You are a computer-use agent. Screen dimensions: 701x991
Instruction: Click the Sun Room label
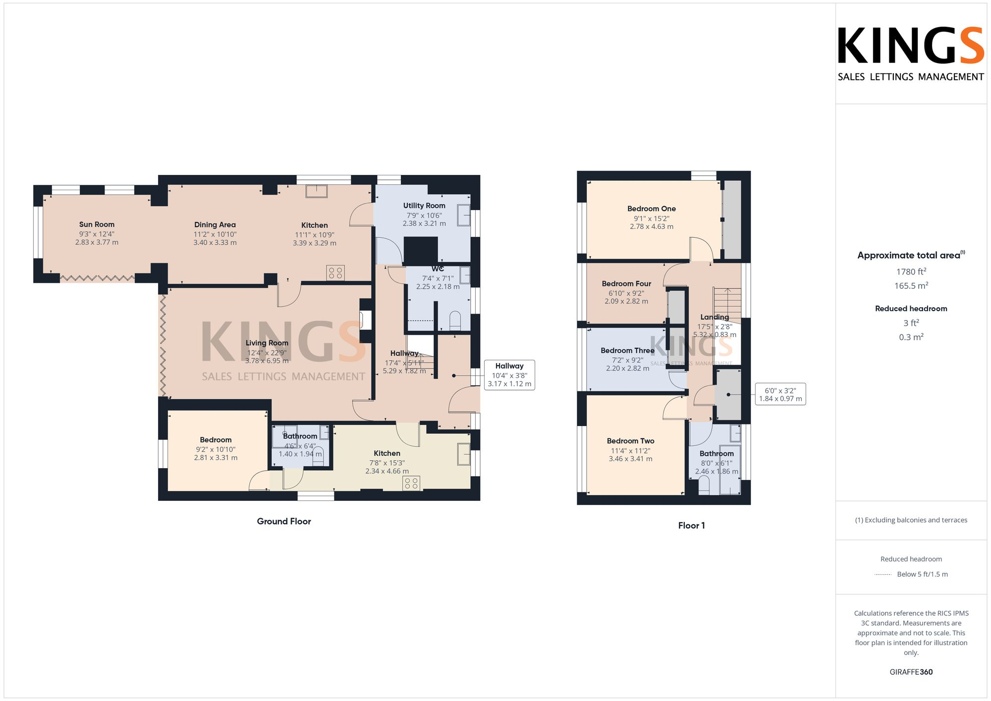tap(97, 224)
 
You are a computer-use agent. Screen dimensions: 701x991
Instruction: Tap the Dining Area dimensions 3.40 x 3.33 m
tap(215, 243)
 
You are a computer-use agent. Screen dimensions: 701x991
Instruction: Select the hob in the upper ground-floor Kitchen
tap(335, 272)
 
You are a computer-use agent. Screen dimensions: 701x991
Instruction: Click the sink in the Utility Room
tap(464, 216)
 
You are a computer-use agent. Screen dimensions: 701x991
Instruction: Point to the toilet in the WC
tap(455, 321)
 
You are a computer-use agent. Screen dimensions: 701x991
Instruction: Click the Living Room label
tap(267, 343)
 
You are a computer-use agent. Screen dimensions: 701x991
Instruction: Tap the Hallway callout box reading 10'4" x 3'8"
tap(509, 375)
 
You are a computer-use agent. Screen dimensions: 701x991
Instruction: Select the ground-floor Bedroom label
tap(216, 440)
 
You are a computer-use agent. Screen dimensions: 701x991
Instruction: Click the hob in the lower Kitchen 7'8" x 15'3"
tap(411, 483)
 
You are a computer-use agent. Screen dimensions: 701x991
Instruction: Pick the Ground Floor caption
tap(283, 521)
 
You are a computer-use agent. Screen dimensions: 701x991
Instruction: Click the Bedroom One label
tap(651, 209)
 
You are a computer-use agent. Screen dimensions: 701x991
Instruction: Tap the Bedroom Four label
tap(626, 284)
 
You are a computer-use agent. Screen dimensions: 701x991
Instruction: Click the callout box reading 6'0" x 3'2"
tap(780, 394)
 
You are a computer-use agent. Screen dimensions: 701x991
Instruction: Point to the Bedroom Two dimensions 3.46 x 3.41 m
tap(630, 459)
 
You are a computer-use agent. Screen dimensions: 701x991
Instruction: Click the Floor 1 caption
tap(691, 526)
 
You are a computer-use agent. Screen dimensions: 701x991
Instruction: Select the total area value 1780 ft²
tap(911, 271)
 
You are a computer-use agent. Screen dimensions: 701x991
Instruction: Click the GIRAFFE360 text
tap(911, 672)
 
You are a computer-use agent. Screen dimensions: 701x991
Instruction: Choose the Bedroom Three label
tap(627, 351)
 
